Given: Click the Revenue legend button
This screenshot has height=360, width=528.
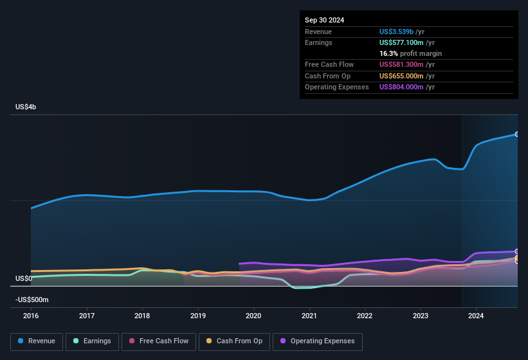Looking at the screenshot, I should click(x=37, y=341).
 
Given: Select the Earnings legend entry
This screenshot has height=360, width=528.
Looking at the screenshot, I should click(x=92, y=341).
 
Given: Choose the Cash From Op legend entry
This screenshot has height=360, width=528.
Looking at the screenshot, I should click(x=234, y=341).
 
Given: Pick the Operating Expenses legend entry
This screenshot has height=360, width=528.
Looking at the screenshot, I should click(x=318, y=341).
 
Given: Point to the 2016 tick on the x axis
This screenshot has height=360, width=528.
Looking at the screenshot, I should click(x=31, y=316).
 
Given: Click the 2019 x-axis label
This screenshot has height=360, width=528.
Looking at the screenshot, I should click(x=198, y=316).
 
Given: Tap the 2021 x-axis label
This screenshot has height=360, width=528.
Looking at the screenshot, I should click(x=309, y=316).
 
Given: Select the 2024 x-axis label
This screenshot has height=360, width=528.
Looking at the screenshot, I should click(x=476, y=316).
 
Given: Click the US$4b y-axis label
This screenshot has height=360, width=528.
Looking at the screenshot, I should click(x=26, y=107).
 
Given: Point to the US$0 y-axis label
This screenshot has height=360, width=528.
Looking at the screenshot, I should click(x=24, y=278).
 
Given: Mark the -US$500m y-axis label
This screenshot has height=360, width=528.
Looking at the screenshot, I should click(x=32, y=300).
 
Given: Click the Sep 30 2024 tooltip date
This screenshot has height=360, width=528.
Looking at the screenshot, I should click(x=324, y=20).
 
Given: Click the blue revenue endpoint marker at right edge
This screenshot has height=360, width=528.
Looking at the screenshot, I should click(x=517, y=134).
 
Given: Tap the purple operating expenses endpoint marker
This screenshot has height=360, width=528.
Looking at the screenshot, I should click(x=517, y=251).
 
